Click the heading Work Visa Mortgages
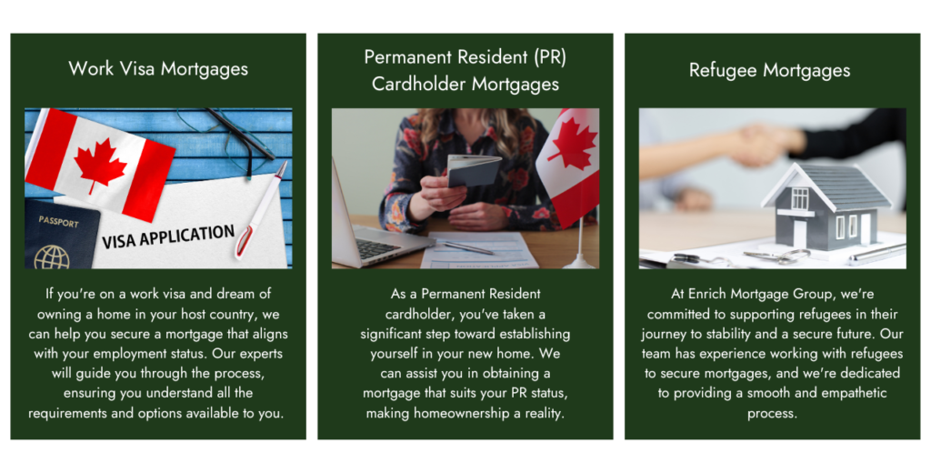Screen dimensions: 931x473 (158, 69)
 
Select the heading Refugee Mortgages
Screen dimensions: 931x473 (769, 70)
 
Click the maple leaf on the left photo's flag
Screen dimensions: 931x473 (100, 165)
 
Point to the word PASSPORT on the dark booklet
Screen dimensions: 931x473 (58, 222)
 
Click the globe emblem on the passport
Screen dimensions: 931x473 (52, 257)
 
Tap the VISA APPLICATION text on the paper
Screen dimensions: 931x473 (168, 236)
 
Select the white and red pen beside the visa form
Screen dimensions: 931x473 (260, 210)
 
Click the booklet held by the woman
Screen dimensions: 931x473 (473, 170)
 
